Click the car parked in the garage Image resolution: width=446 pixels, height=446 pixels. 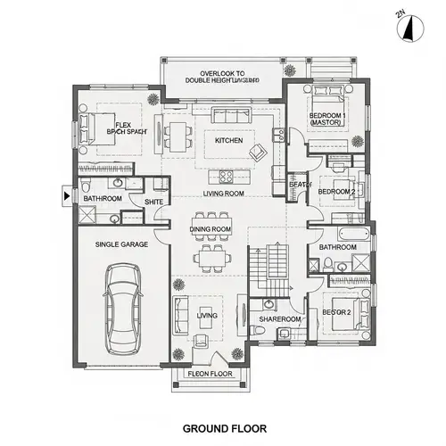tap(123, 309)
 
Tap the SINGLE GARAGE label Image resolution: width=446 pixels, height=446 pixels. tap(122, 244)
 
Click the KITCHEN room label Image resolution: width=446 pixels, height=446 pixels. tap(229, 141)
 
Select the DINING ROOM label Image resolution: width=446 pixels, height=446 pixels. tap(211, 229)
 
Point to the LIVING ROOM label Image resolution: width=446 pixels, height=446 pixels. tap(224, 194)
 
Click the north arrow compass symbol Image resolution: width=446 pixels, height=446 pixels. tap(408, 28)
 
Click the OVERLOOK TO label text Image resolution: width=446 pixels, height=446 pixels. tap(222, 72)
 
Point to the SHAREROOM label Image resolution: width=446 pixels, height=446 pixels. tap(280, 318)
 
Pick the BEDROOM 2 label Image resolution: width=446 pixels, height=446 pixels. tap(336, 192)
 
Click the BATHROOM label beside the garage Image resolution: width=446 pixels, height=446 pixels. tap(103, 198)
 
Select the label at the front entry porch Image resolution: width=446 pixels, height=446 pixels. tap(211, 375)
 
